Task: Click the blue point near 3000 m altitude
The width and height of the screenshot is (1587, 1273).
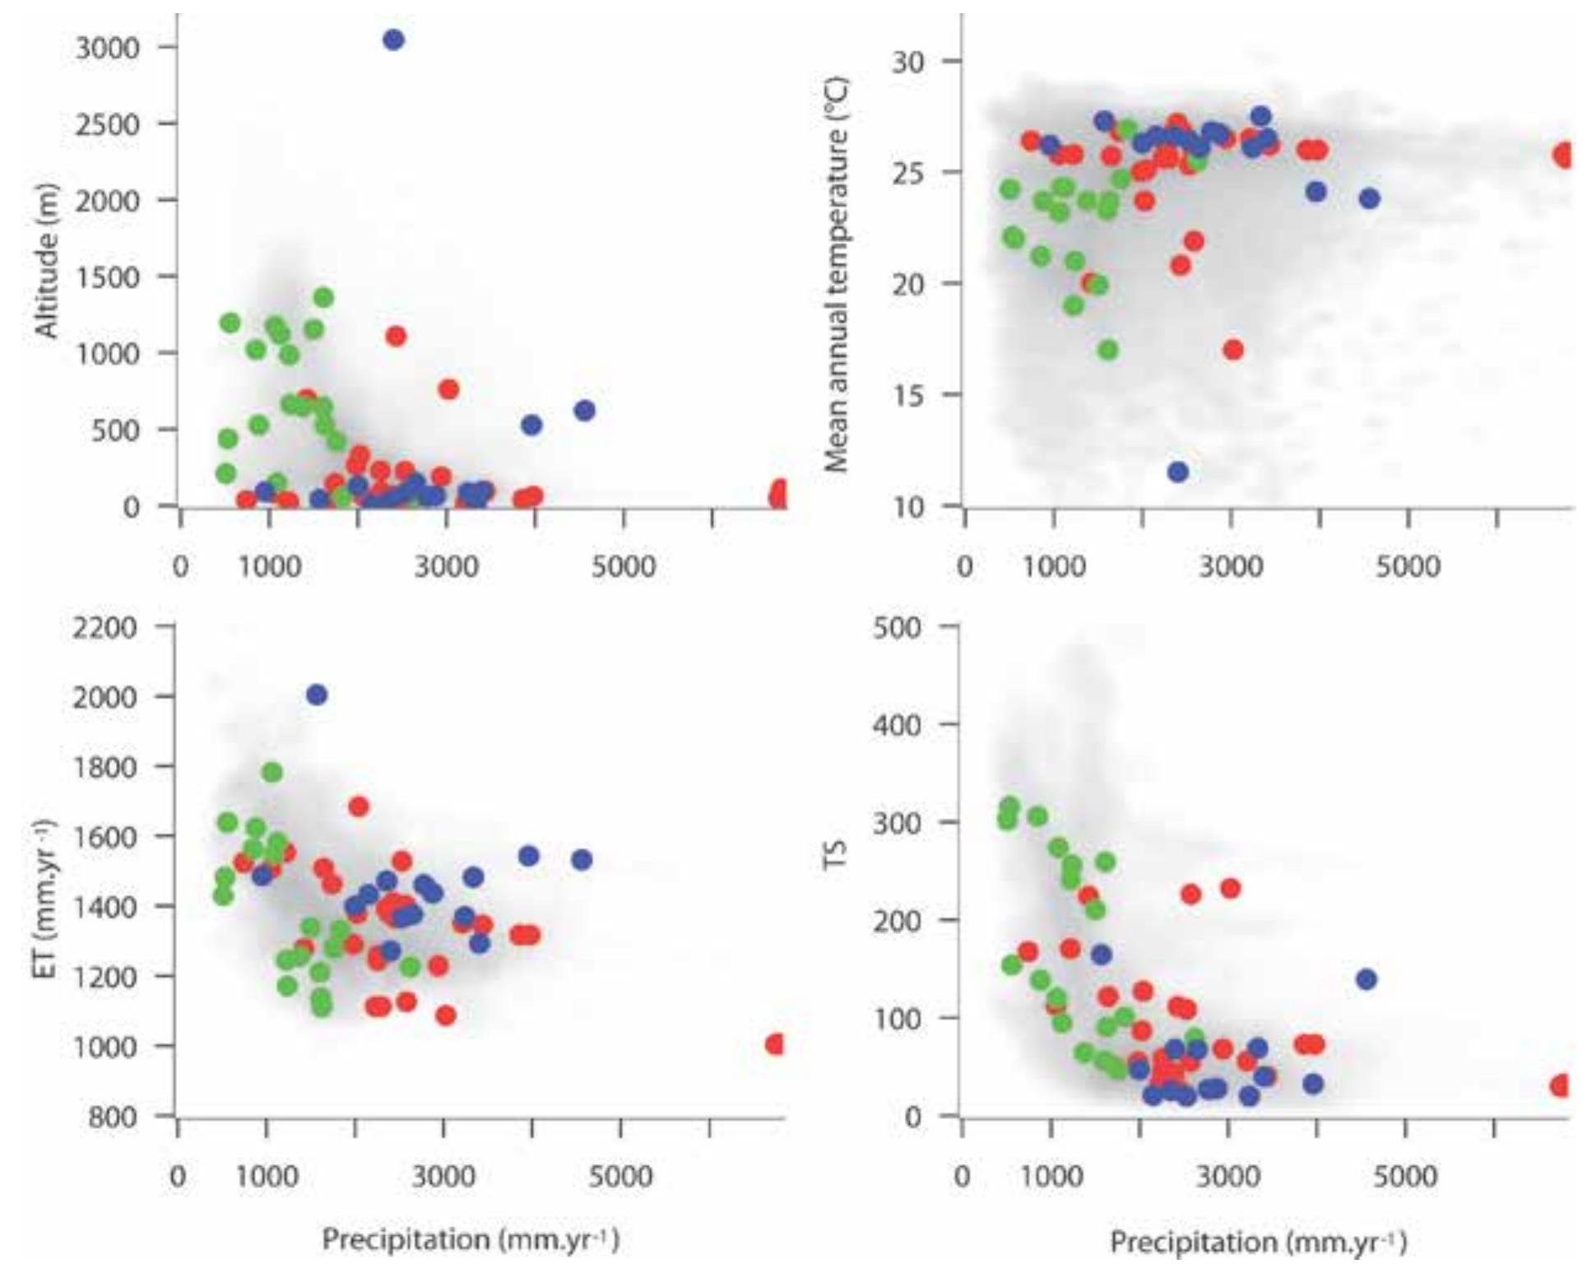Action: [x=393, y=39]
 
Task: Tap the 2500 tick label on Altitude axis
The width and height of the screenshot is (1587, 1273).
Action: [x=107, y=124]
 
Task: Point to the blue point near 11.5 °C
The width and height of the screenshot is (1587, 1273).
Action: [x=1177, y=472]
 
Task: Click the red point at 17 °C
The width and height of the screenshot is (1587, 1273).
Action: [x=1232, y=350]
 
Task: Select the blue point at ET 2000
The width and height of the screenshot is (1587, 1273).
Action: [x=317, y=695]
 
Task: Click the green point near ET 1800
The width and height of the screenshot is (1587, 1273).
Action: [x=272, y=773]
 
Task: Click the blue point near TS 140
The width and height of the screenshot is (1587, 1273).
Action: [x=1366, y=979]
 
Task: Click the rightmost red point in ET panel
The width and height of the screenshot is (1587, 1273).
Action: [x=775, y=1044]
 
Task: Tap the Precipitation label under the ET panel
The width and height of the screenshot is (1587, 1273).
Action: [x=470, y=1239]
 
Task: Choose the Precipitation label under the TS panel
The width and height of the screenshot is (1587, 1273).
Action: [x=1258, y=1241]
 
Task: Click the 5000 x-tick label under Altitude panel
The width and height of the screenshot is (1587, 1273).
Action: [x=623, y=566]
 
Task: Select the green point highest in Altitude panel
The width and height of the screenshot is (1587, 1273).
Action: [x=323, y=297]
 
